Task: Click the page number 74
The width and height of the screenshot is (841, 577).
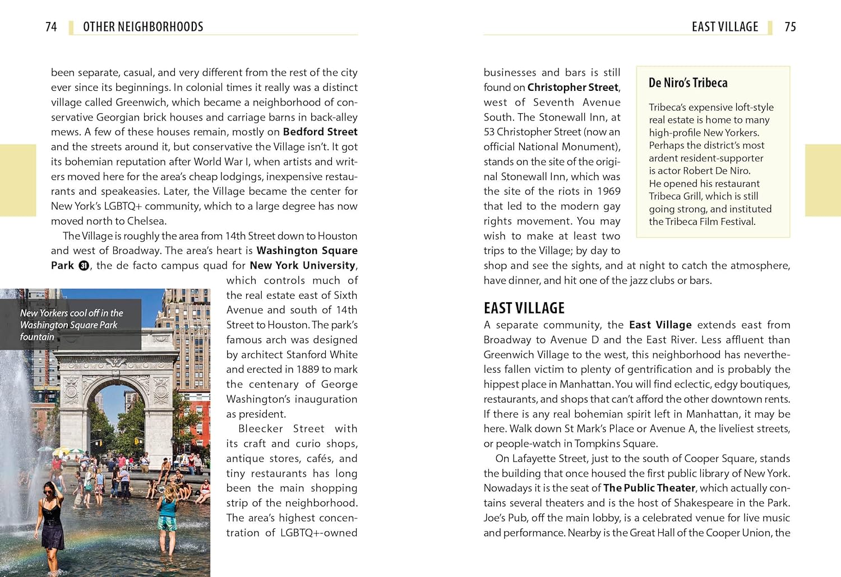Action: (x=51, y=27)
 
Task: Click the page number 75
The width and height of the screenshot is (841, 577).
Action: (x=790, y=27)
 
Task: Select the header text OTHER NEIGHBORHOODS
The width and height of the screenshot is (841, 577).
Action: (x=143, y=27)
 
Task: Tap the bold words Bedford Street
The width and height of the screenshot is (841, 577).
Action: (x=320, y=132)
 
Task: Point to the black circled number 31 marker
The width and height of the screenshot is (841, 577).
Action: (x=84, y=266)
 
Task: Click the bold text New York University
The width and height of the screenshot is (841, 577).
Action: (x=303, y=265)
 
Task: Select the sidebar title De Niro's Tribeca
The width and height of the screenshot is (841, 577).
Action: (x=688, y=83)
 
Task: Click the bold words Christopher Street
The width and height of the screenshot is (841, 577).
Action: (x=573, y=87)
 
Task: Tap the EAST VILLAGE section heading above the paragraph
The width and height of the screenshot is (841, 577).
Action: (x=524, y=308)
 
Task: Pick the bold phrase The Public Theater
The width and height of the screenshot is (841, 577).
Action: (x=649, y=488)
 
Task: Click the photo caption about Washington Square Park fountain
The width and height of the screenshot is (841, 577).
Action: (x=71, y=325)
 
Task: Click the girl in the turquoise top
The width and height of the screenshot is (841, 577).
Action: (x=167, y=513)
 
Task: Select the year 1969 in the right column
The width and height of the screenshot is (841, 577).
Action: (x=608, y=191)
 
